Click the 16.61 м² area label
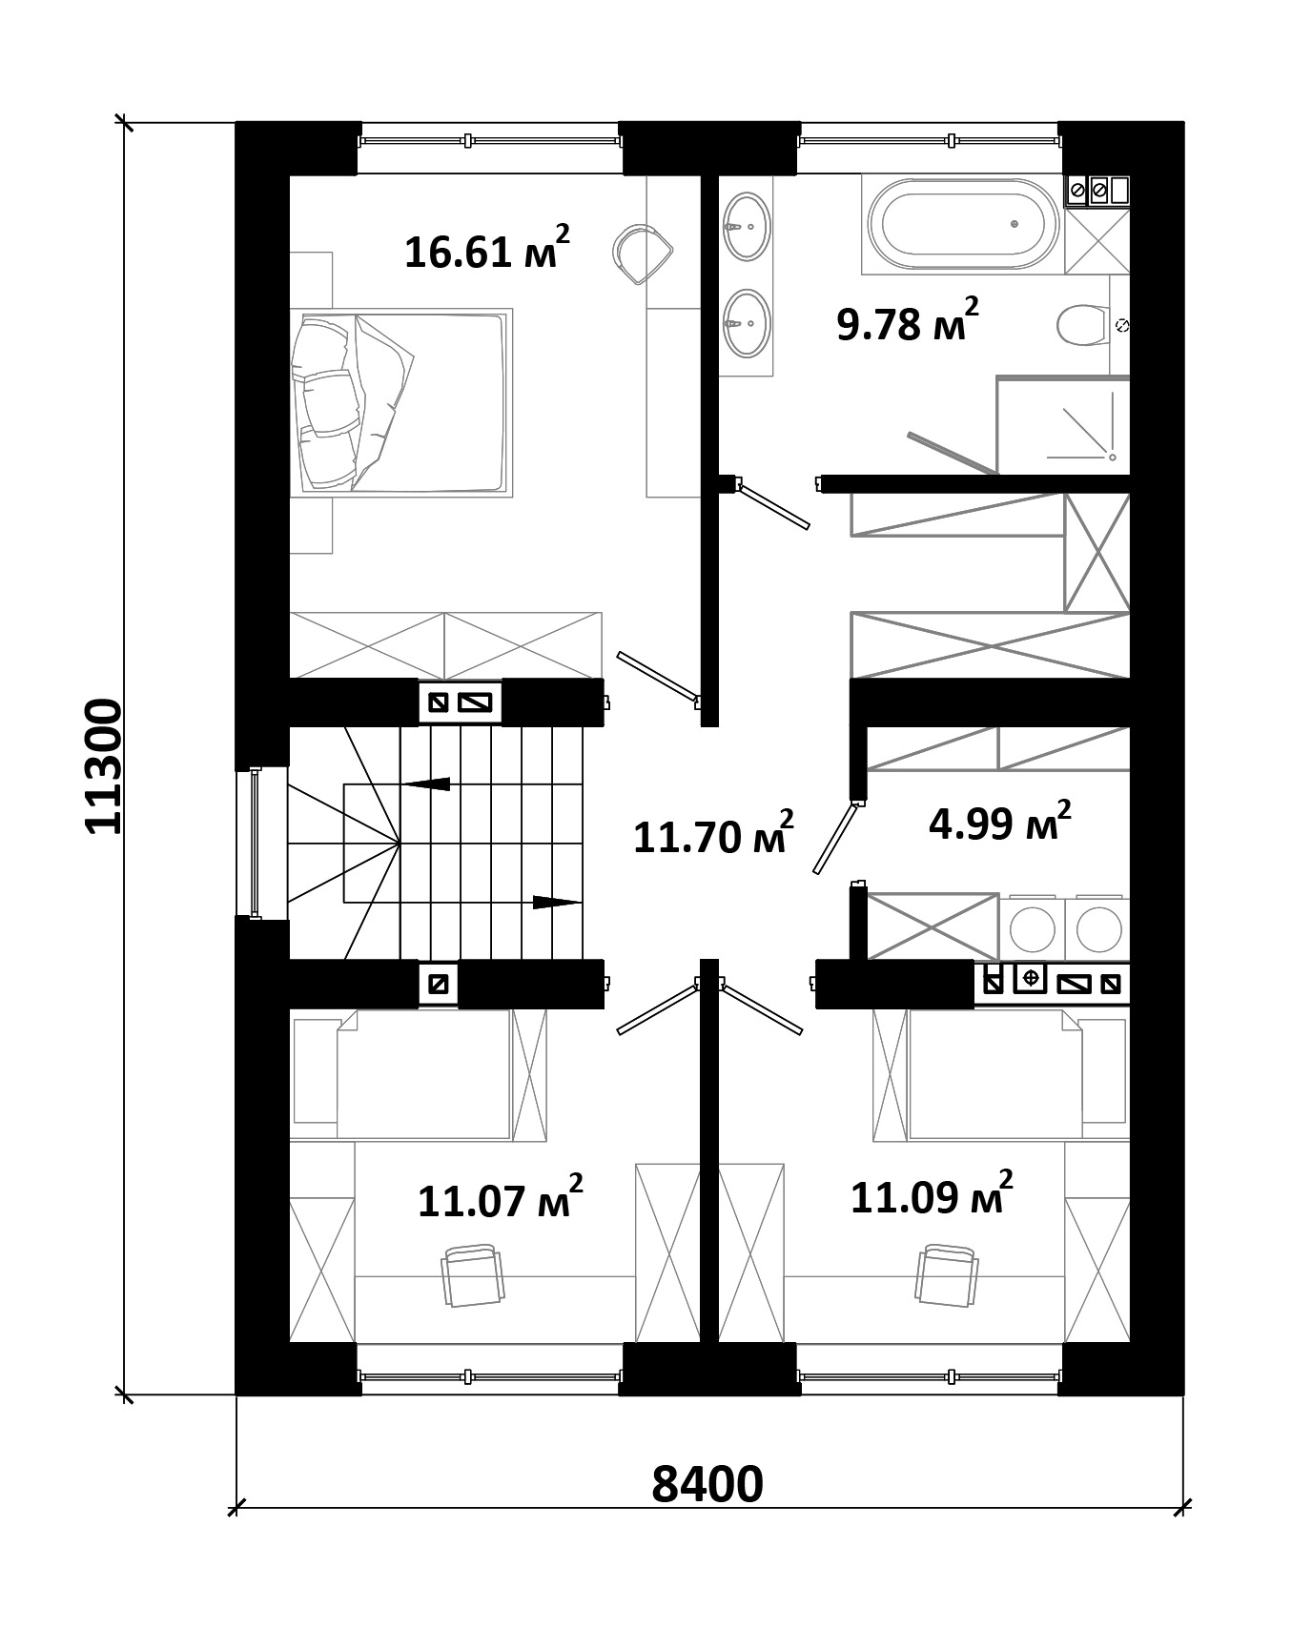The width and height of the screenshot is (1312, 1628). pyautogui.click(x=487, y=248)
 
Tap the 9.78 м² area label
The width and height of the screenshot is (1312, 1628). pyautogui.click(x=907, y=320)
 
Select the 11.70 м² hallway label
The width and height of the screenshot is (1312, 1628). pyautogui.click(x=713, y=833)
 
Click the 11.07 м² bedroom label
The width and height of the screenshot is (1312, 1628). pyautogui.click(x=501, y=1197)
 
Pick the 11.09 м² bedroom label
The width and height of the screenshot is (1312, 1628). pyautogui.click(x=931, y=1193)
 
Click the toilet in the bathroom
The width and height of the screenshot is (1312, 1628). pyautogui.click(x=1083, y=325)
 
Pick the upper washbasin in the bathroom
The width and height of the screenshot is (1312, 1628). pyautogui.click(x=746, y=227)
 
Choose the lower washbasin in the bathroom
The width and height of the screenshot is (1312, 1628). pyautogui.click(x=746, y=324)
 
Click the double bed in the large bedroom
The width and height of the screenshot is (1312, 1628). pyautogui.click(x=400, y=401)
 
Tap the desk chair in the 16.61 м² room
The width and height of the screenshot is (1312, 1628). pyautogui.click(x=643, y=253)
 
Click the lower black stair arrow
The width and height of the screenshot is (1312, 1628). pyautogui.click(x=557, y=902)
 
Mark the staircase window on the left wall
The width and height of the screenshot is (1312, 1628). pyautogui.click(x=256, y=843)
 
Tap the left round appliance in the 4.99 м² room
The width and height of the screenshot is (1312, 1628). pyautogui.click(x=1032, y=926)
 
